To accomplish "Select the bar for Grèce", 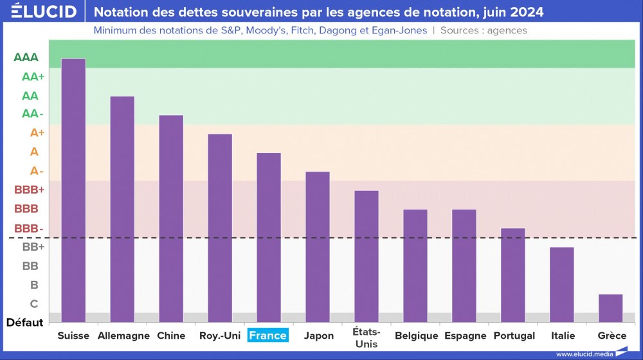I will pos(610,308).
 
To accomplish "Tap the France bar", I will pos(269,237).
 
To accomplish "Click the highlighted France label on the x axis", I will pos(268,336).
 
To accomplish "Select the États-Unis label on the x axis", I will pos(367,337).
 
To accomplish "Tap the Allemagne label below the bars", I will pos(123,336).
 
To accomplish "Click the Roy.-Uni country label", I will pos(220,336).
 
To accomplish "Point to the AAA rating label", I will pos(26,57).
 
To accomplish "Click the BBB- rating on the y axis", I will pos(29,228).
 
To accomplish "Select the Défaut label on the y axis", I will pos(24,322).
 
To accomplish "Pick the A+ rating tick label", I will pos(37,133).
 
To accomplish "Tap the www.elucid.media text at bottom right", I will pos(583,354).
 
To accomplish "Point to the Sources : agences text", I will pos(484,30).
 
